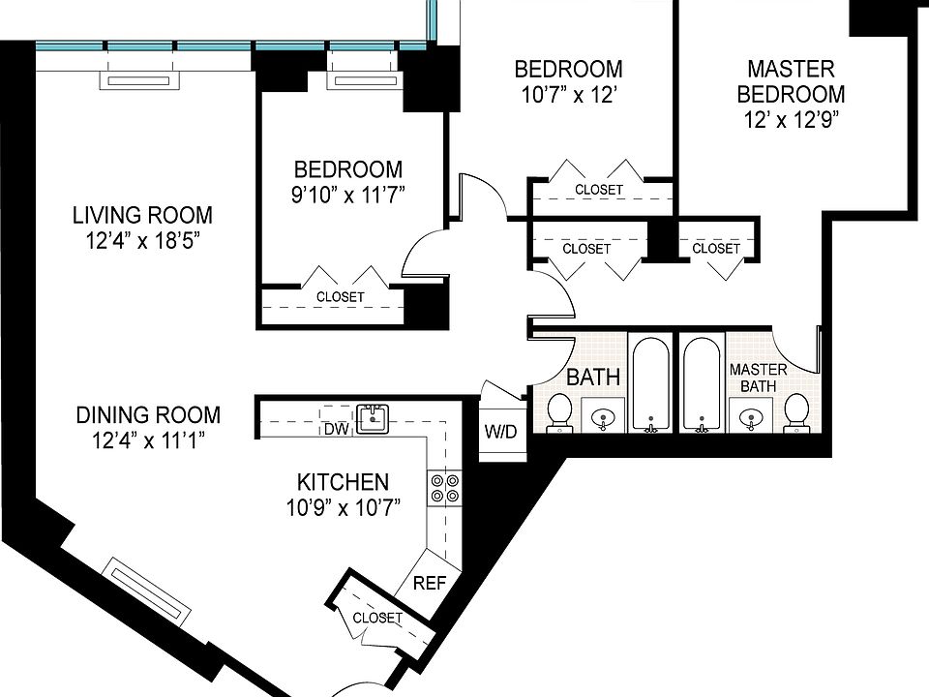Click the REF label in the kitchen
[x=429, y=583]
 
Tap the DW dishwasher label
[x=337, y=429]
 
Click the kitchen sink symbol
[x=373, y=419]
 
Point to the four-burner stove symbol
[x=445, y=488]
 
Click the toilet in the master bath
[x=796, y=412]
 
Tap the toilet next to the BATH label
[x=558, y=412]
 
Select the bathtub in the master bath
[x=703, y=384]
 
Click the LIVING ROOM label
[x=142, y=215]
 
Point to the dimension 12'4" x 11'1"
[x=148, y=440]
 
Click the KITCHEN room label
[x=343, y=482]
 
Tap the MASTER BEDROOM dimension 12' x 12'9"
[x=792, y=120]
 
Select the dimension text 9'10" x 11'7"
[x=348, y=195]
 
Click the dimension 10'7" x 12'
[x=569, y=95]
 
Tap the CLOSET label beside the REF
[x=377, y=619]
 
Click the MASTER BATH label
[x=759, y=378]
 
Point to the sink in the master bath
[x=750, y=415]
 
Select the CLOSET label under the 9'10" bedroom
[x=340, y=296]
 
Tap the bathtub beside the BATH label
[x=651, y=384]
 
